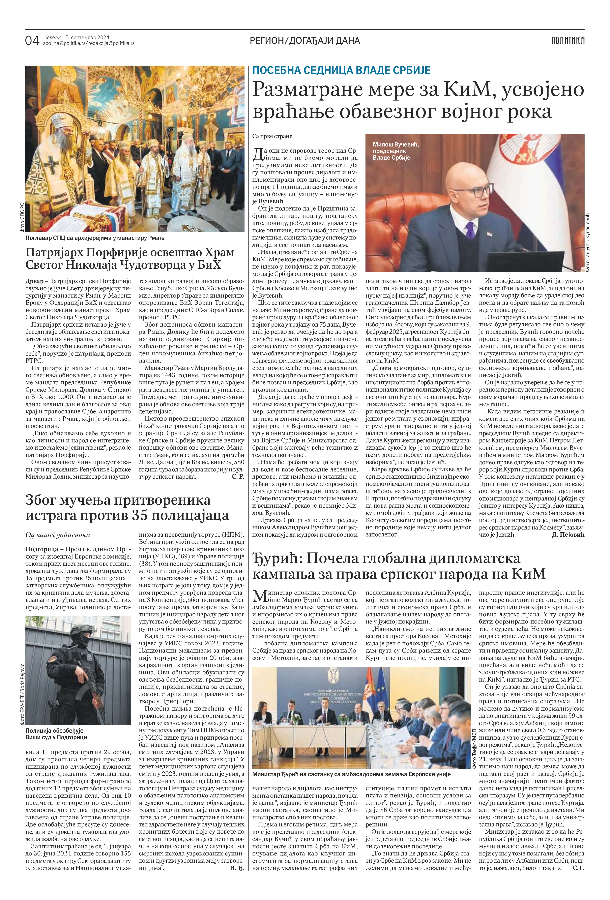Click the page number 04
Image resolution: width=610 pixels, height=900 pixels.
tap(32, 40)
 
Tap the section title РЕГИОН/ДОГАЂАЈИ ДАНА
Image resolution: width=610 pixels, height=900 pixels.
tap(305, 40)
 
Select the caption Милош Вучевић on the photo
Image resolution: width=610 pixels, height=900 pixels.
tap(396, 144)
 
